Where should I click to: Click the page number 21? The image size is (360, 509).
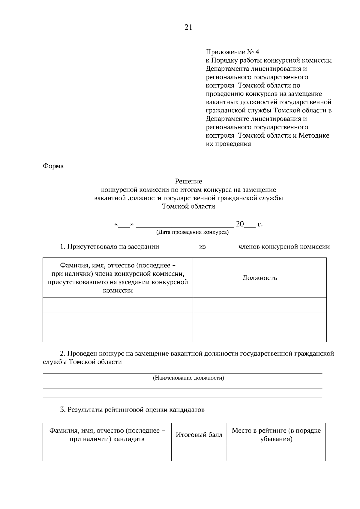[x=188, y=28]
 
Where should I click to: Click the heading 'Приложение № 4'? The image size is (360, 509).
[x=232, y=52]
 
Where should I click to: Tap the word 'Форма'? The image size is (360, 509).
[x=53, y=166]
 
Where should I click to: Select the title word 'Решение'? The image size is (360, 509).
[x=188, y=181]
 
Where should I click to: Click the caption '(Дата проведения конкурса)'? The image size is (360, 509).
[x=192, y=232]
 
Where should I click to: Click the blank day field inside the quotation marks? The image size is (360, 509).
[x=124, y=225]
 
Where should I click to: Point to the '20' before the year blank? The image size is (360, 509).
[x=240, y=224]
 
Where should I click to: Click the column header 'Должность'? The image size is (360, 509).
[x=259, y=278]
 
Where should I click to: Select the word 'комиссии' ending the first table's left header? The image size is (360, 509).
[x=118, y=290]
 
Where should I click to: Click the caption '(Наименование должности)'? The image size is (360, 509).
[x=188, y=378]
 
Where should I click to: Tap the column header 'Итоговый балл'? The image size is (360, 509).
[x=199, y=435]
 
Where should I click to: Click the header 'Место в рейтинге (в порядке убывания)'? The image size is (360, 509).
[x=276, y=435]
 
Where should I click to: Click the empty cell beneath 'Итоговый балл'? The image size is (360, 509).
[x=199, y=453]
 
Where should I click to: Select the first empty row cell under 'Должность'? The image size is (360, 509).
[x=259, y=305]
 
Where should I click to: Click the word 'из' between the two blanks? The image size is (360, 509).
[x=202, y=247]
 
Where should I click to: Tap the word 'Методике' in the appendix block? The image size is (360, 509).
[x=314, y=135]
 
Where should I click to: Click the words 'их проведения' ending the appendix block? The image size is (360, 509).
[x=228, y=144]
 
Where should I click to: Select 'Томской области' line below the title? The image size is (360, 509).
[x=188, y=207]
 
